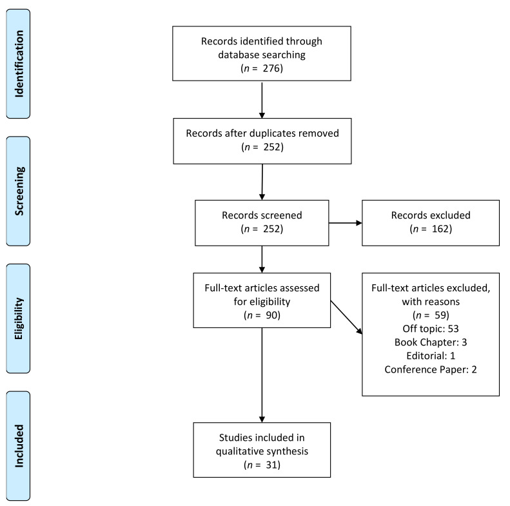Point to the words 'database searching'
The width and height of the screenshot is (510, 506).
[x=262, y=54]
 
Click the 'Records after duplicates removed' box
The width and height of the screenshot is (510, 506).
[x=262, y=140]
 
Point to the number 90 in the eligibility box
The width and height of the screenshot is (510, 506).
[x=270, y=316]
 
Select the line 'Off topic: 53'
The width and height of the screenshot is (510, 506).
[x=430, y=329]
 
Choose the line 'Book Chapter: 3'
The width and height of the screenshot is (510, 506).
[x=430, y=342]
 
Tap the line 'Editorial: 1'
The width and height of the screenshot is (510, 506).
[x=430, y=356]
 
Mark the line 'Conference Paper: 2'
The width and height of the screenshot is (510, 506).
[x=430, y=369]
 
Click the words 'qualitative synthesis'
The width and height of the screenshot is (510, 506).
[x=262, y=451]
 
